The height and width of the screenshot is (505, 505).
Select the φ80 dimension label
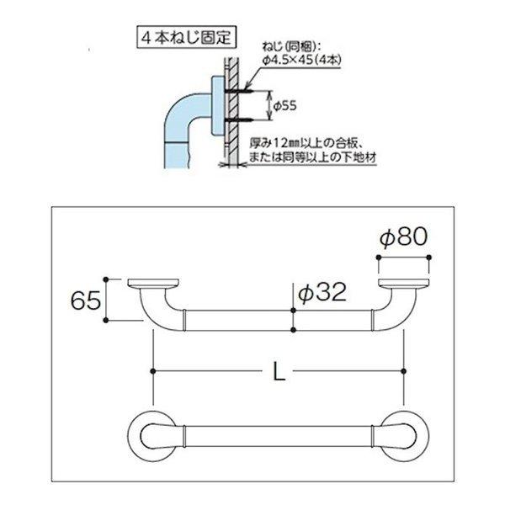(404, 238)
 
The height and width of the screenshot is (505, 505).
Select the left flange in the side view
(152, 284)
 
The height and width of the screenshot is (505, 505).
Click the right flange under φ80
(404, 284)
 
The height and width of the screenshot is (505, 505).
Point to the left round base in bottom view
(154, 435)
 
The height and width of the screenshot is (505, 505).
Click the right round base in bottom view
(403, 435)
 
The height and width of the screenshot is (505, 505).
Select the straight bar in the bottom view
(278, 435)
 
